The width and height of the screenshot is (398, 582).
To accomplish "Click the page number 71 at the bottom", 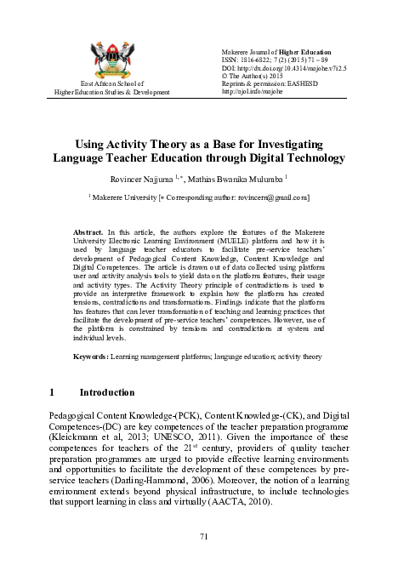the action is pos(203,536).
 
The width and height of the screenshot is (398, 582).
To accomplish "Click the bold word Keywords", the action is pos(92,354).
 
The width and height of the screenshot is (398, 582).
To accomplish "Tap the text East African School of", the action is pos(112,83).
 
